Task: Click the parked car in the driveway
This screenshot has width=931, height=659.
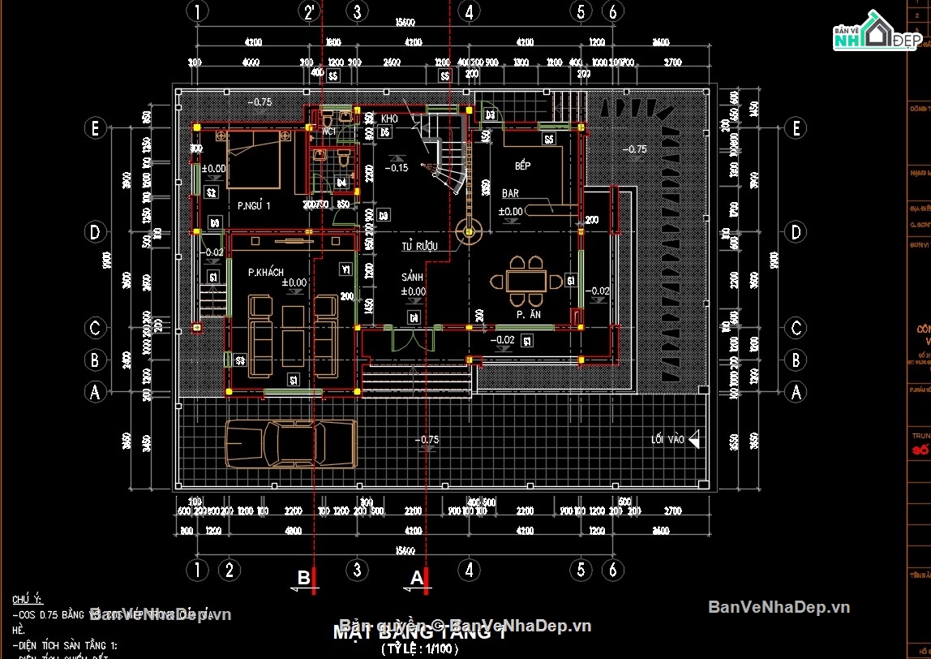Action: coord(290,444)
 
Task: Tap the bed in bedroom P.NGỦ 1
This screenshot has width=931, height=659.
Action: coord(253,161)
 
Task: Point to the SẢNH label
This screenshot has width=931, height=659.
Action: coord(413,278)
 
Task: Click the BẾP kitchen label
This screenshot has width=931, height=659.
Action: coord(523,166)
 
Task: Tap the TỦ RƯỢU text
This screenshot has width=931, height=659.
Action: coord(419,246)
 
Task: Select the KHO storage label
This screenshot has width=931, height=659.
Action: coord(388,118)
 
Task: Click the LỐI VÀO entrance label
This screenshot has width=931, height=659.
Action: coord(667,440)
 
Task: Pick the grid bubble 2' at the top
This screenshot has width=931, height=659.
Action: coord(309,11)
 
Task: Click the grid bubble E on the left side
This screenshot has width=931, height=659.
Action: coord(95,128)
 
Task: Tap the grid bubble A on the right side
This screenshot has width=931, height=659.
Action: coord(796,392)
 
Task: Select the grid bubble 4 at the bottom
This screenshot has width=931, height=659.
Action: coord(468,570)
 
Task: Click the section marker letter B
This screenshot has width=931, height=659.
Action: coord(304,578)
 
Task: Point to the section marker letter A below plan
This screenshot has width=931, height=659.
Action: coord(417,578)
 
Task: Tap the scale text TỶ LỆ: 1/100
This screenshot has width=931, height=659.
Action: coord(420,649)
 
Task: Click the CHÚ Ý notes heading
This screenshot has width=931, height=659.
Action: coord(27,599)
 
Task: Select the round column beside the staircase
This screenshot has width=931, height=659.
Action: coord(468,232)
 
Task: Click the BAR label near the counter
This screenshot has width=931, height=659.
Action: coord(510,194)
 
